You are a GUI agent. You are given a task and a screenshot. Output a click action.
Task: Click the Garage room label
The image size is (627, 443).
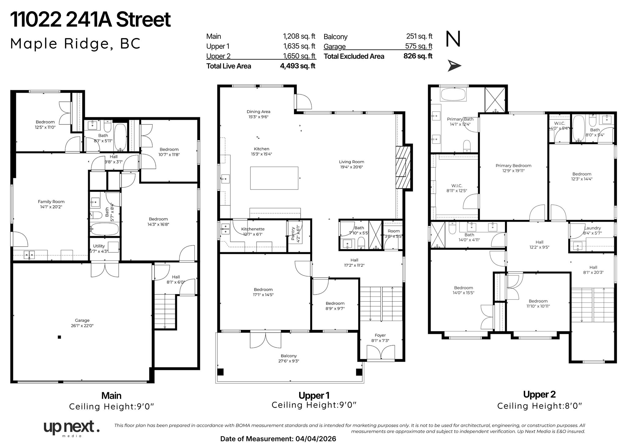[82, 320]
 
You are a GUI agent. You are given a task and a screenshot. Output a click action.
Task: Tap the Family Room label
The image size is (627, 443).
[51, 202]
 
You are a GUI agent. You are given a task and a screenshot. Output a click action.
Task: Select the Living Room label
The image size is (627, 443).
[351, 162]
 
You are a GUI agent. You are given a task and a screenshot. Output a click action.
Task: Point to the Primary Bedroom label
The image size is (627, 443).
[513, 166]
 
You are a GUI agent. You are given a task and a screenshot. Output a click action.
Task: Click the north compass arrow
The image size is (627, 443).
[454, 65]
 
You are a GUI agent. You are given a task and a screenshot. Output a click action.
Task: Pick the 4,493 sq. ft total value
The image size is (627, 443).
[297, 66]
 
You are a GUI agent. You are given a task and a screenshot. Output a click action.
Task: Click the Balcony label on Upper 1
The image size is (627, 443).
[288, 356]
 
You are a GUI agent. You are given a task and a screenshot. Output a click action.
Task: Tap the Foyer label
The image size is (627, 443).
[380, 335]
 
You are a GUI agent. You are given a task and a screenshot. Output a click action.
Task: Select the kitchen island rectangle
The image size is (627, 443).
[274, 178]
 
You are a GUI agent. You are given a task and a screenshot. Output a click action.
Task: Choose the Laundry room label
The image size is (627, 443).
[592, 228]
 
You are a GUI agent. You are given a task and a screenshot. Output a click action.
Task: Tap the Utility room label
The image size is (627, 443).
[99, 246]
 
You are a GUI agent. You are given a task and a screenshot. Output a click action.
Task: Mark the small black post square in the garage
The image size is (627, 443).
[59, 337]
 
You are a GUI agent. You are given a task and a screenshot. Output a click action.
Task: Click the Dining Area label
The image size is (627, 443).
[258, 112]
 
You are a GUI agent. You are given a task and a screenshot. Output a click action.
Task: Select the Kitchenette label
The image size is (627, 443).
[253, 229]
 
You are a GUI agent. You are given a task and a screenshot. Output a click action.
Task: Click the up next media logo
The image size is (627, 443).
[71, 428]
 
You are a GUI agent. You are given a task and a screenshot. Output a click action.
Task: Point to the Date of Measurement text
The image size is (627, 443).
[278, 439]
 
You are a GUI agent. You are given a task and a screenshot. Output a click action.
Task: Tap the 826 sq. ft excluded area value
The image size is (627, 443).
[418, 56]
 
